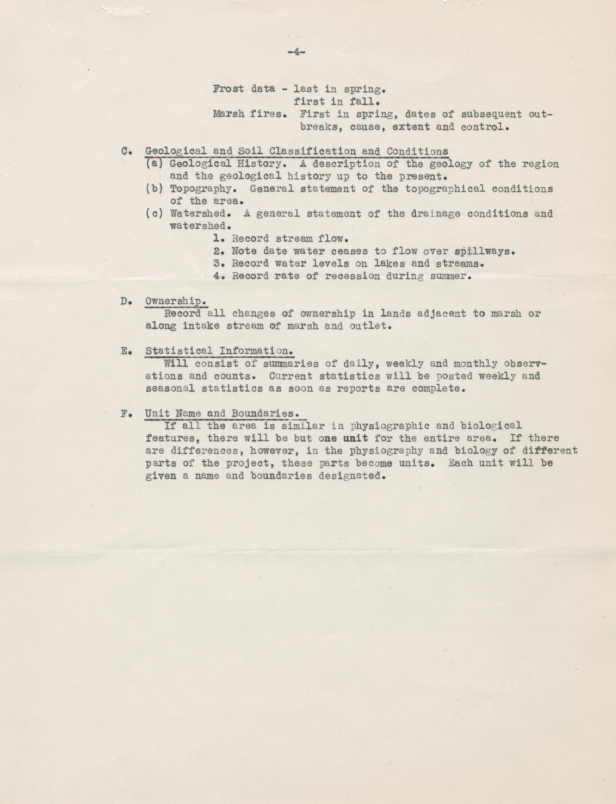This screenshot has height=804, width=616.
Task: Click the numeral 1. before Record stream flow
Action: tap(219, 239)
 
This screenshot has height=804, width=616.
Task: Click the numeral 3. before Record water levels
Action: tap(219, 264)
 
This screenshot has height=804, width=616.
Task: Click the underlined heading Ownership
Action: tap(175, 301)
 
